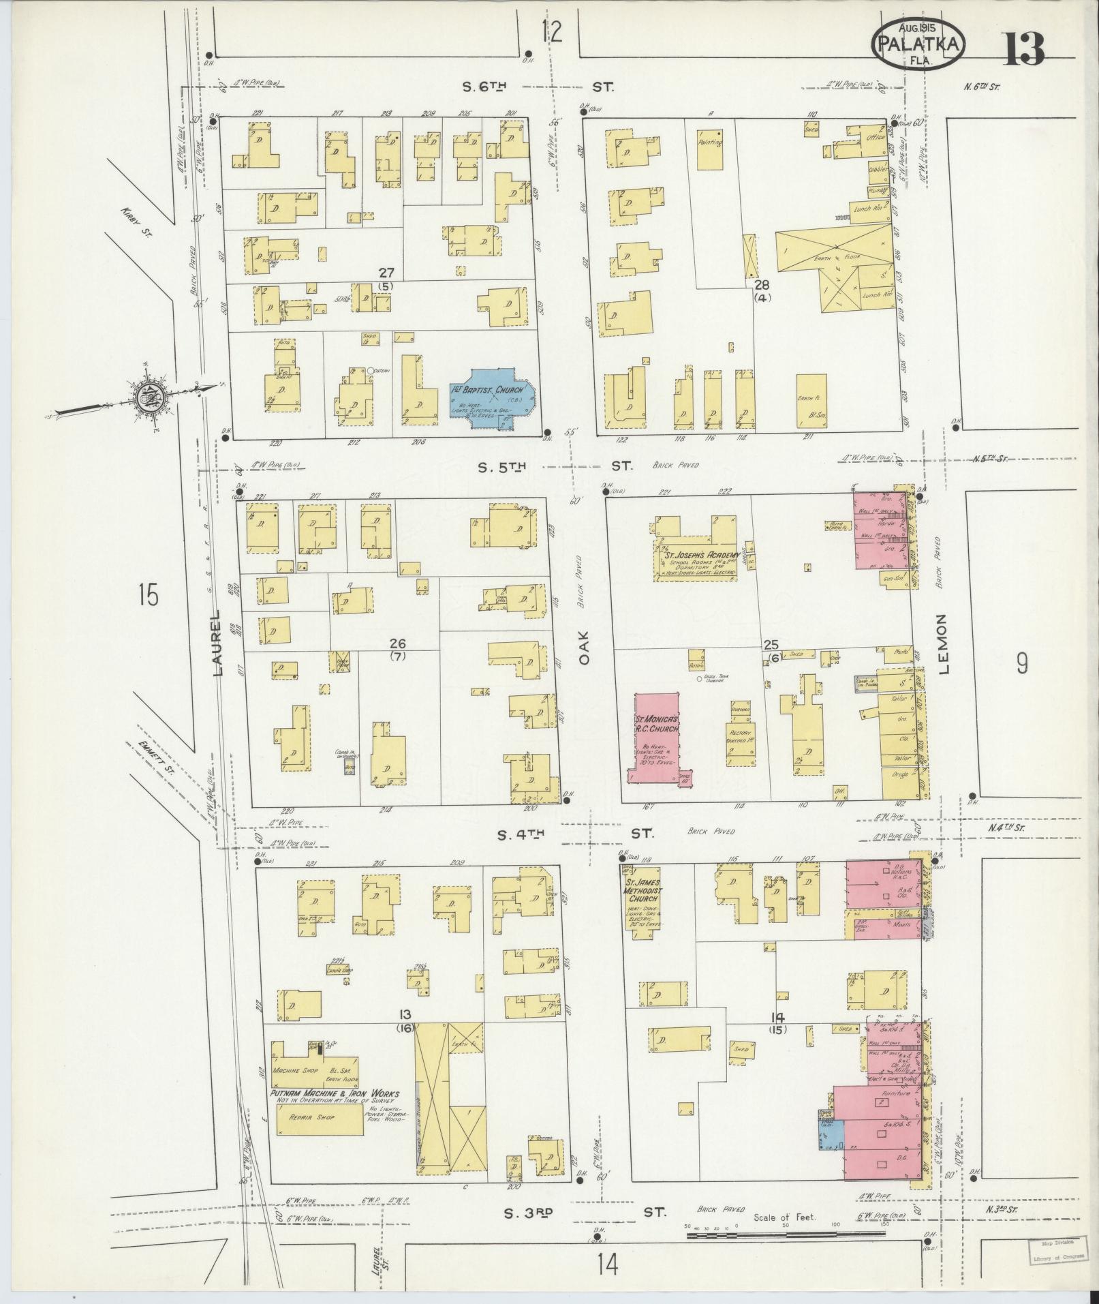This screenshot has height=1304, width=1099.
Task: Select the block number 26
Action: point(397,643)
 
